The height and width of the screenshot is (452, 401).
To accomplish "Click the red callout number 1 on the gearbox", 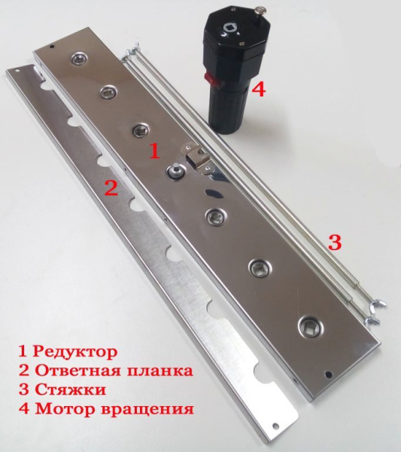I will click(153, 151).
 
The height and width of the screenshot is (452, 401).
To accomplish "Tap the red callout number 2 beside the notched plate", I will click(111, 188).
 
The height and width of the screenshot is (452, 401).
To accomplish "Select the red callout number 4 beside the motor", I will click(258, 90).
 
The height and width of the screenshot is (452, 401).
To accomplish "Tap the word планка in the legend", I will click(162, 371).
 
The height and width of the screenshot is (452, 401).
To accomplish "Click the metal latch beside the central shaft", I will click(199, 156).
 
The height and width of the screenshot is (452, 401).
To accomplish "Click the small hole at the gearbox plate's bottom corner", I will click(328, 374).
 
